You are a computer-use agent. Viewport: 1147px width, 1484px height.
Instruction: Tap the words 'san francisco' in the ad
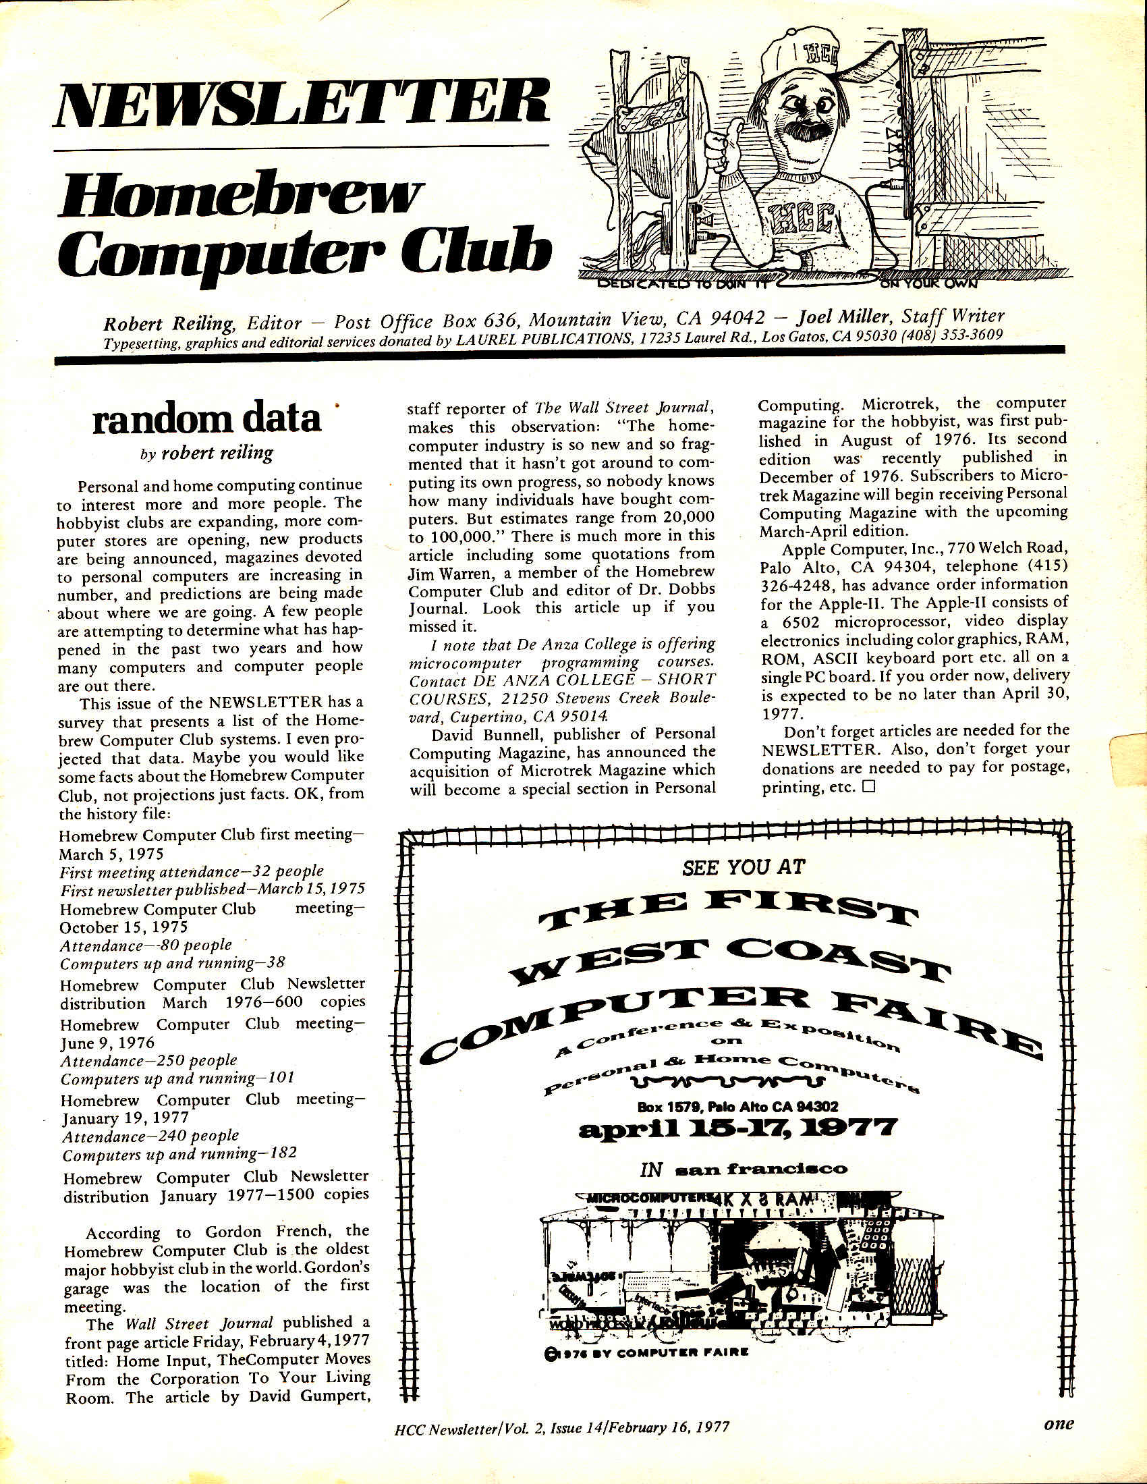[761, 1170]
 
